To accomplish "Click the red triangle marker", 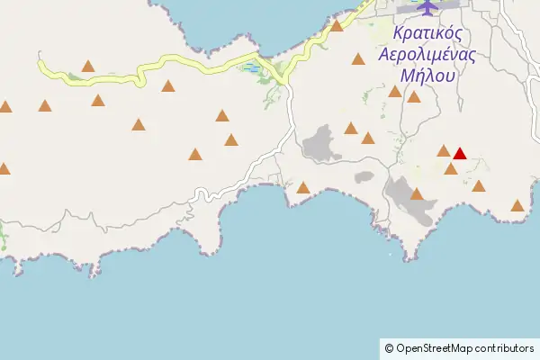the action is click(x=459, y=153).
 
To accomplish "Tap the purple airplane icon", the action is click(x=426, y=6).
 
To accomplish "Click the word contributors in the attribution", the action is click(x=505, y=348).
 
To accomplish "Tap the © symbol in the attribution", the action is click(x=389, y=348).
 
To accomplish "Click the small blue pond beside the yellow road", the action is click(x=252, y=68).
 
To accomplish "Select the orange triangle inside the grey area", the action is click(x=417, y=193).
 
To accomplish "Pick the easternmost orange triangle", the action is click(x=517, y=205).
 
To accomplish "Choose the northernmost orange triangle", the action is click(x=337, y=25).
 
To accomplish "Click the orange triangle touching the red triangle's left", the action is click(x=444, y=150).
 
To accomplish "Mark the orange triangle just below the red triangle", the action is click(x=451, y=168).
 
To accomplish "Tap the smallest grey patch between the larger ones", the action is click(x=364, y=177).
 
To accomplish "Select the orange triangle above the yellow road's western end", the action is click(x=88, y=65).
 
